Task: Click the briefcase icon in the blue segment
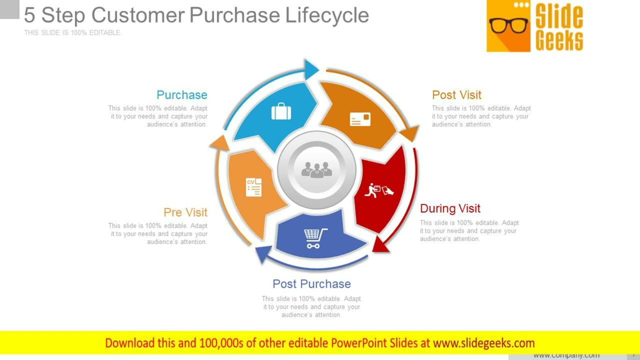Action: coord(281,111)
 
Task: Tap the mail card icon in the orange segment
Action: coord(360,119)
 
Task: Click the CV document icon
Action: coord(253,187)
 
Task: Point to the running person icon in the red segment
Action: coord(378,190)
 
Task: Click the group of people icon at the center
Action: coord(316,170)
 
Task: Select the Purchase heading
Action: coord(181,95)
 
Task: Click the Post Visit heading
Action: coord(456,95)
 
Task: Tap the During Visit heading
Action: coord(450,208)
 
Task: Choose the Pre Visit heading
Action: coord(185,212)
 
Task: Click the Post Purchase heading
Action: coord(311,284)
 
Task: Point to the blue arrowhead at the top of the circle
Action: coord(311,69)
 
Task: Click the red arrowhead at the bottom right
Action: coord(381,244)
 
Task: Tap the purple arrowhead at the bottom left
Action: coord(263,254)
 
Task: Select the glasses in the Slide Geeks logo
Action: coord(508,25)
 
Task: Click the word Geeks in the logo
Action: coord(559,40)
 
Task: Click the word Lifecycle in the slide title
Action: coord(327,15)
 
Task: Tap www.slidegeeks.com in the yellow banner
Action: coord(483,343)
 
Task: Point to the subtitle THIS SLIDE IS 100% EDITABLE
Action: coord(72,32)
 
